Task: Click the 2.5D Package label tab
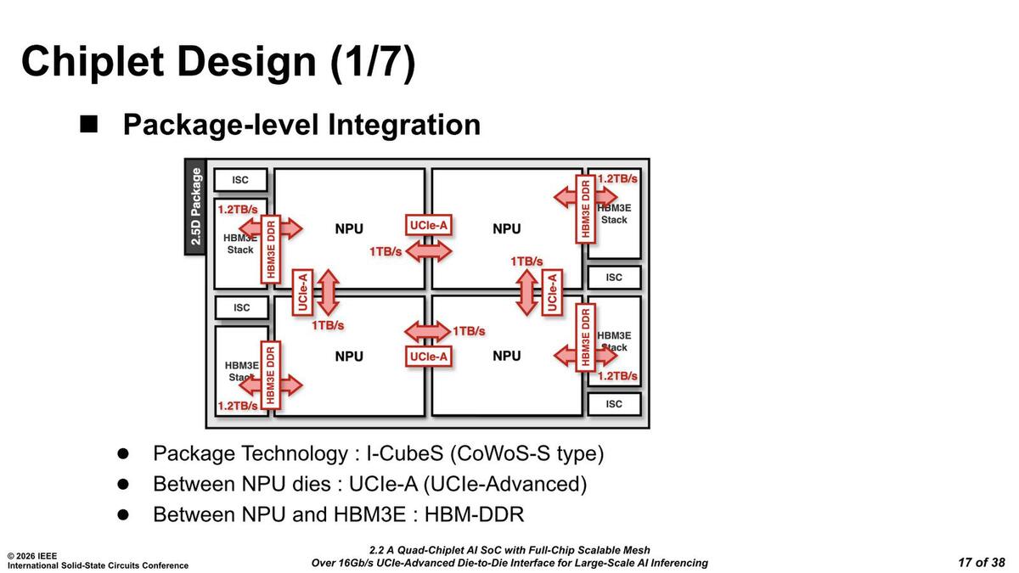pos(196,206)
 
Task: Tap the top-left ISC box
pos(240,180)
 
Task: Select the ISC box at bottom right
pos(614,404)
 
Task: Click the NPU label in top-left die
pos(349,229)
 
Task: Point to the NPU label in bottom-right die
pos(507,356)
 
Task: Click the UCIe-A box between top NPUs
pos(428,225)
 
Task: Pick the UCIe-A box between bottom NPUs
pos(428,357)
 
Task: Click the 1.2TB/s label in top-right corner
pos(617,179)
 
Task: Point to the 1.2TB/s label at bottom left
pos(238,406)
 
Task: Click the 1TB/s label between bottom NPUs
pos(469,330)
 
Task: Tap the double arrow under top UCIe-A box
pos(429,250)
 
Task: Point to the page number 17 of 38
pos(981,562)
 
